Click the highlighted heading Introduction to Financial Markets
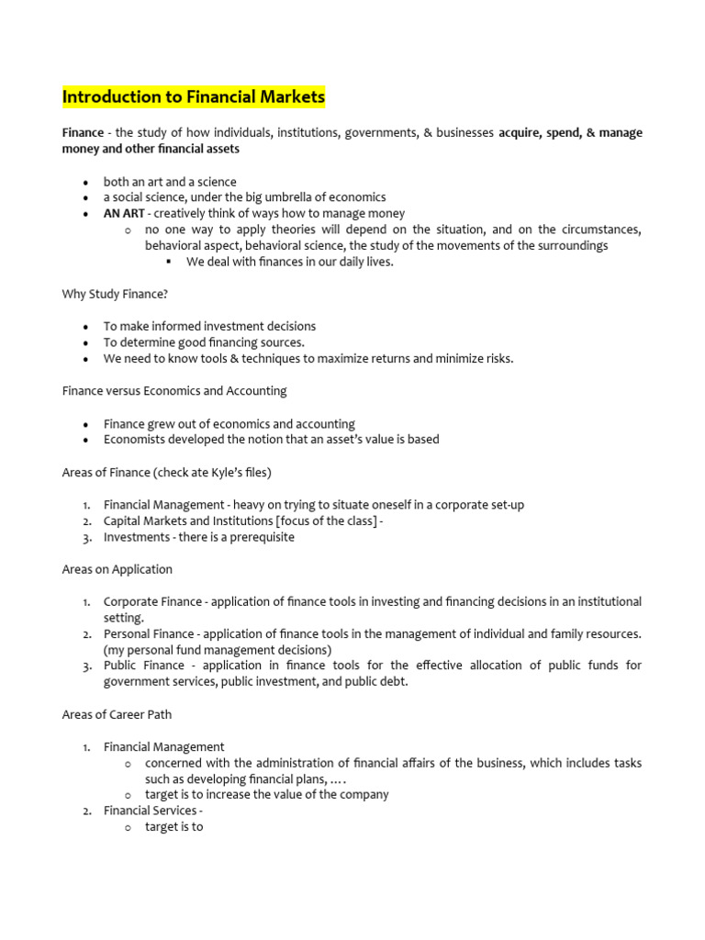193,96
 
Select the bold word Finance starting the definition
83,133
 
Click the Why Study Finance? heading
115,294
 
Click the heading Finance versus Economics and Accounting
174,390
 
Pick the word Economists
136,439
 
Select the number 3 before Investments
84,537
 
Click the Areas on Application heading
117,569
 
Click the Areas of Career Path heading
117,714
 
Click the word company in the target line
364,794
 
